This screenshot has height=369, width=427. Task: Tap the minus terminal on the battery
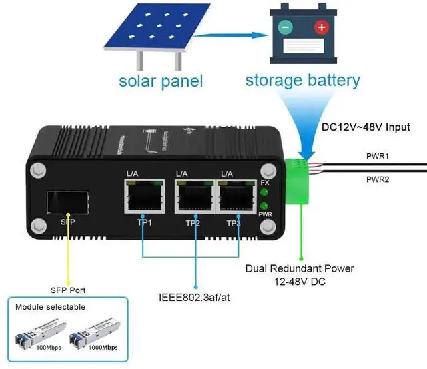click(x=285, y=28)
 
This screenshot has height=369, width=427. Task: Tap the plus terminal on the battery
click(x=322, y=27)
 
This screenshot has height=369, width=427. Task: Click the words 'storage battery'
click(x=302, y=81)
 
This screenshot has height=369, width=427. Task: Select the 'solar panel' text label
click(x=160, y=81)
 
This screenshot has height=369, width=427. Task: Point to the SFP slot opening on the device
click(x=69, y=201)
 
